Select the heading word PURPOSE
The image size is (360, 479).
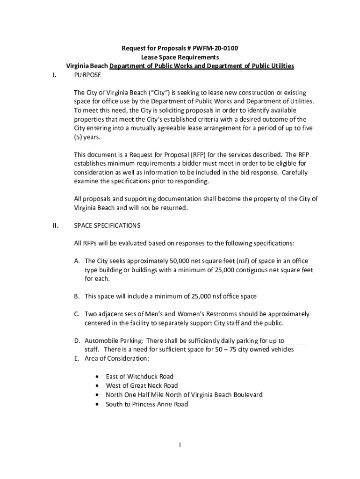pos(87,75)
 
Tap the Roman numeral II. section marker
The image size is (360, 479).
pos(55,225)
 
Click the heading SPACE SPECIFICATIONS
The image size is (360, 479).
pos(107,225)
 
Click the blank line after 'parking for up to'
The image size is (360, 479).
pos(296,341)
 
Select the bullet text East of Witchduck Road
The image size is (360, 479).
pos(139,377)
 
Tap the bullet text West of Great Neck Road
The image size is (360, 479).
pos(142,385)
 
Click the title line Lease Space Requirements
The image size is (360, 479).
pos(180,58)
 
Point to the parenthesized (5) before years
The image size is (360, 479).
pos(79,137)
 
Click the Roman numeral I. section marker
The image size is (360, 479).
pos(55,75)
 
